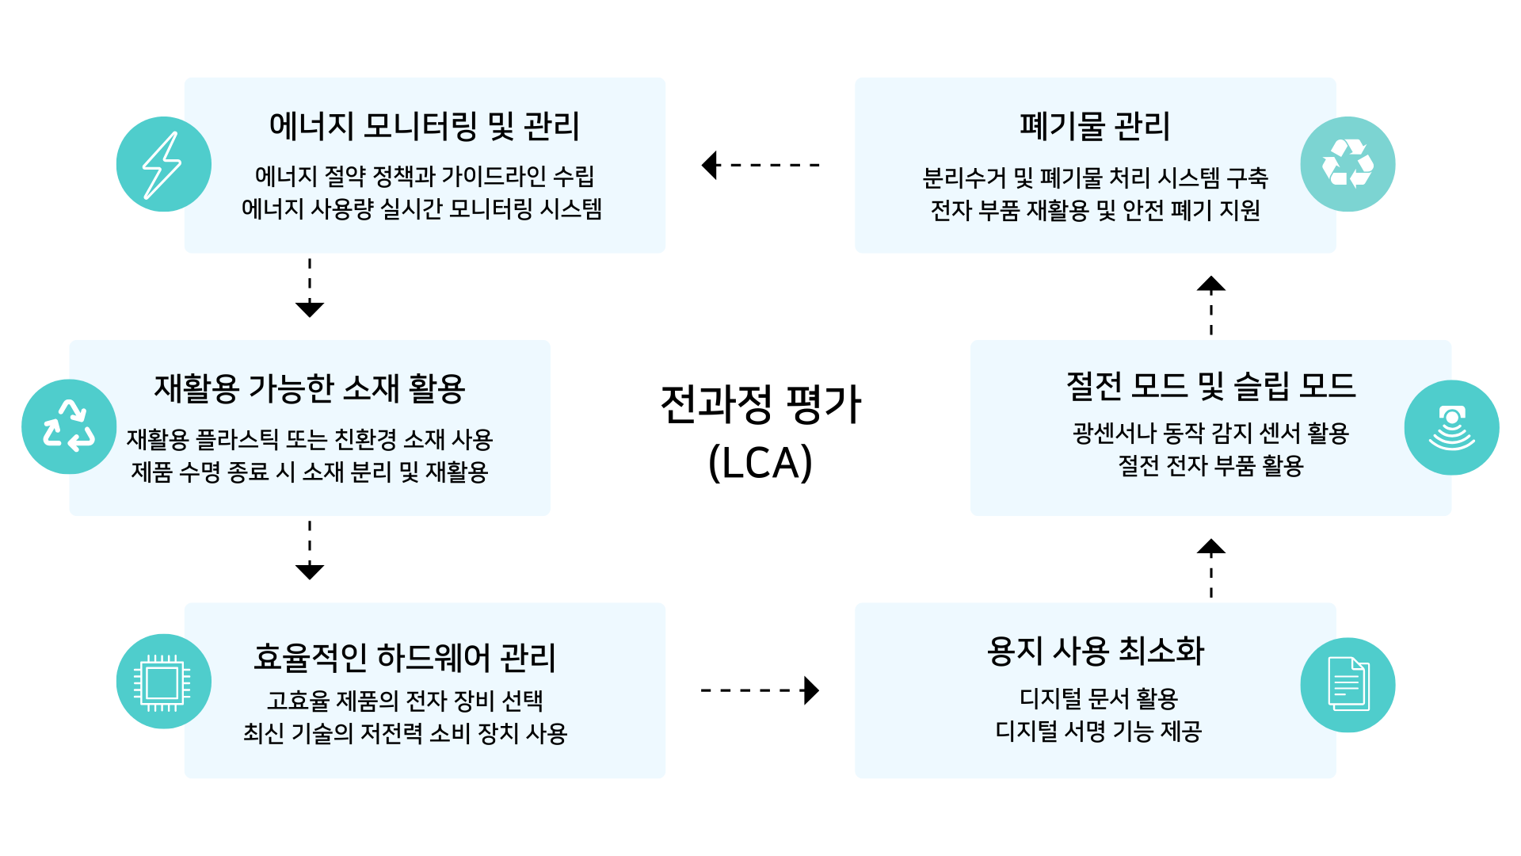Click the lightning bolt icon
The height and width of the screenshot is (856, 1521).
(163, 164)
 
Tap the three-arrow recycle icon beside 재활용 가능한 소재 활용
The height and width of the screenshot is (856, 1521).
(69, 426)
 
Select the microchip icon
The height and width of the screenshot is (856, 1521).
(163, 682)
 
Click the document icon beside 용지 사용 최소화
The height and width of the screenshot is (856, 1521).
(1348, 685)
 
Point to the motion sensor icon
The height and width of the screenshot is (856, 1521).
(1451, 428)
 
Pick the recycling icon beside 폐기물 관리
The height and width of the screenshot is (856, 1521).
(1348, 164)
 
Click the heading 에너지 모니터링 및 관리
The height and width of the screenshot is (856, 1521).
(425, 126)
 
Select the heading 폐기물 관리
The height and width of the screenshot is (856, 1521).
(1095, 126)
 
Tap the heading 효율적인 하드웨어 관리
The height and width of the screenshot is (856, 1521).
(405, 658)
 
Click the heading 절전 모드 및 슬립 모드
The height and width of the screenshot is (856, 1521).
(1210, 386)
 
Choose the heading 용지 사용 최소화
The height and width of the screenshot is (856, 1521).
(1095, 652)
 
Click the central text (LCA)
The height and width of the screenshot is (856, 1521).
(760, 463)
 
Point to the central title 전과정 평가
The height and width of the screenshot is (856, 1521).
(760, 404)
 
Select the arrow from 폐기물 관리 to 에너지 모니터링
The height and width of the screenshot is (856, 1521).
(760, 165)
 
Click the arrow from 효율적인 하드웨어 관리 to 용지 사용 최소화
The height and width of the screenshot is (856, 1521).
(760, 690)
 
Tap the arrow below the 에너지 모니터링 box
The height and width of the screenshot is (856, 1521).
(310, 288)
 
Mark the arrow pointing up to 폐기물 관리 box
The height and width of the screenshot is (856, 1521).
(1211, 305)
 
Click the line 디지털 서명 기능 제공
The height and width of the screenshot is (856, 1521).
(1098, 731)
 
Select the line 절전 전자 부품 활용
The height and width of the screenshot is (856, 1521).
(1210, 466)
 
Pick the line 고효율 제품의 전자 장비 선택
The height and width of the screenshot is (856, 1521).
(405, 701)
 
